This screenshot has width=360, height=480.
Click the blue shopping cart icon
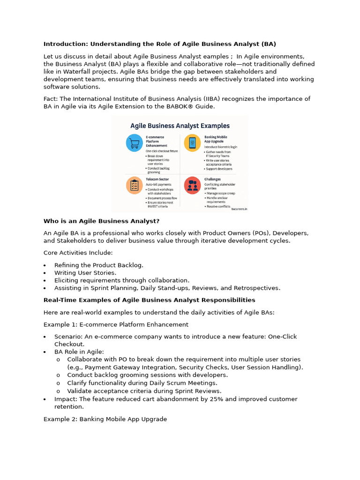pos(135,142)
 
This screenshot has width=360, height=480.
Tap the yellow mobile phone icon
pos(192,142)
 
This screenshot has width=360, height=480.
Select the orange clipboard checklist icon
pos(135,186)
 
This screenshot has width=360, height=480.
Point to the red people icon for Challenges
pos(192,186)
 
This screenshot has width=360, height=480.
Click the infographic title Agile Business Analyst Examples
pos(180,126)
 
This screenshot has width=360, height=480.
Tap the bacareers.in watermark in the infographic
pos(239,210)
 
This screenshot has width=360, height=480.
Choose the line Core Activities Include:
pos(78,253)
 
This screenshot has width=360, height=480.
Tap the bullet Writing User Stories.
pos(85,273)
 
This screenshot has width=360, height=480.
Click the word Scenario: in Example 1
pos(69,337)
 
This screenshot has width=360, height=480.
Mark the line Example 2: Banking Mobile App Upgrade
pos(105,419)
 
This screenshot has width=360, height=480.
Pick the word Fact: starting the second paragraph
pos(52,98)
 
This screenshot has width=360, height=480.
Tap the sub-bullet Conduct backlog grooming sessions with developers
pos(147,375)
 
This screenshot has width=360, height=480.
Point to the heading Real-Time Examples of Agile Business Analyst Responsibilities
pos(150,300)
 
